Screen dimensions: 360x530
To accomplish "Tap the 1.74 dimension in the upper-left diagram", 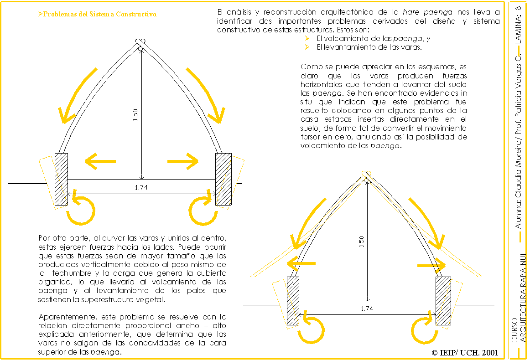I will pos(141,187).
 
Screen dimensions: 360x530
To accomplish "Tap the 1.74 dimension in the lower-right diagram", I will pos(367,308).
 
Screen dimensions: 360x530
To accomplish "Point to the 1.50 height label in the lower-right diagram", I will pos(361,242).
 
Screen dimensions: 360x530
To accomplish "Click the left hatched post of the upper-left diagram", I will pos(61,179).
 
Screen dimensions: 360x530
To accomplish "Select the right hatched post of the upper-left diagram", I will pos(223,179).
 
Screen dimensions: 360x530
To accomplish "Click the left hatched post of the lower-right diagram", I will pos(293,300).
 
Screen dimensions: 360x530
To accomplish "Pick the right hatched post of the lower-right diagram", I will pos(443,300).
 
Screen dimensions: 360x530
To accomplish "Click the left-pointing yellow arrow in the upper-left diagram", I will pos(100,161).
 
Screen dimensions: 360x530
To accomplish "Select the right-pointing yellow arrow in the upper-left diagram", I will pos(183,161).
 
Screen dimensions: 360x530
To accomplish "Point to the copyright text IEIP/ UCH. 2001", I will pos(465,352).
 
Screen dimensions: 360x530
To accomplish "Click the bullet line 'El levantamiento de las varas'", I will pos(369,47).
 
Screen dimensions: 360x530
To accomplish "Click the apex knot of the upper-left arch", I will pos(141,43).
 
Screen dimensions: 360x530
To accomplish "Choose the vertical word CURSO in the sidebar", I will pos(514,330).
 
